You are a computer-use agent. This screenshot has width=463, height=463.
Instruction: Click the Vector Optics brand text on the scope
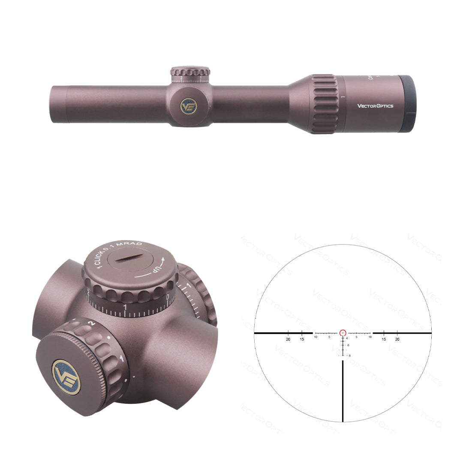click(x=375, y=106)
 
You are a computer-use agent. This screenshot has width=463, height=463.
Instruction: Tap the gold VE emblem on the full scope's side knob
click(x=188, y=105)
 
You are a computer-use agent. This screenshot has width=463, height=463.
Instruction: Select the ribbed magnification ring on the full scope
click(x=324, y=104)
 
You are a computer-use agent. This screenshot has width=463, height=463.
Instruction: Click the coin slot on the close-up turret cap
click(x=128, y=257)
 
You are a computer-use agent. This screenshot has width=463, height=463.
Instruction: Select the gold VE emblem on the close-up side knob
click(x=66, y=377)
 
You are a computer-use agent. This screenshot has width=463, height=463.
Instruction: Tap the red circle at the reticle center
click(x=343, y=333)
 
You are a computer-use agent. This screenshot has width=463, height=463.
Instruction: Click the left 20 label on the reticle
click(x=288, y=339)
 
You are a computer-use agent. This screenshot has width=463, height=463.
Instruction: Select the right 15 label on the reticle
click(x=384, y=339)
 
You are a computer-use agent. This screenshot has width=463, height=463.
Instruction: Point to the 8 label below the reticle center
click(x=350, y=355)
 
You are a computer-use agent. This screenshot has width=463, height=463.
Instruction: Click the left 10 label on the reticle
click(x=316, y=337)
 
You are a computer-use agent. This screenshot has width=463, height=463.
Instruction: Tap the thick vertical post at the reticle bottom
click(x=343, y=390)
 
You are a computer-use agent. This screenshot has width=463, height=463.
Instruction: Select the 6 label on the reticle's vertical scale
click(x=348, y=345)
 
